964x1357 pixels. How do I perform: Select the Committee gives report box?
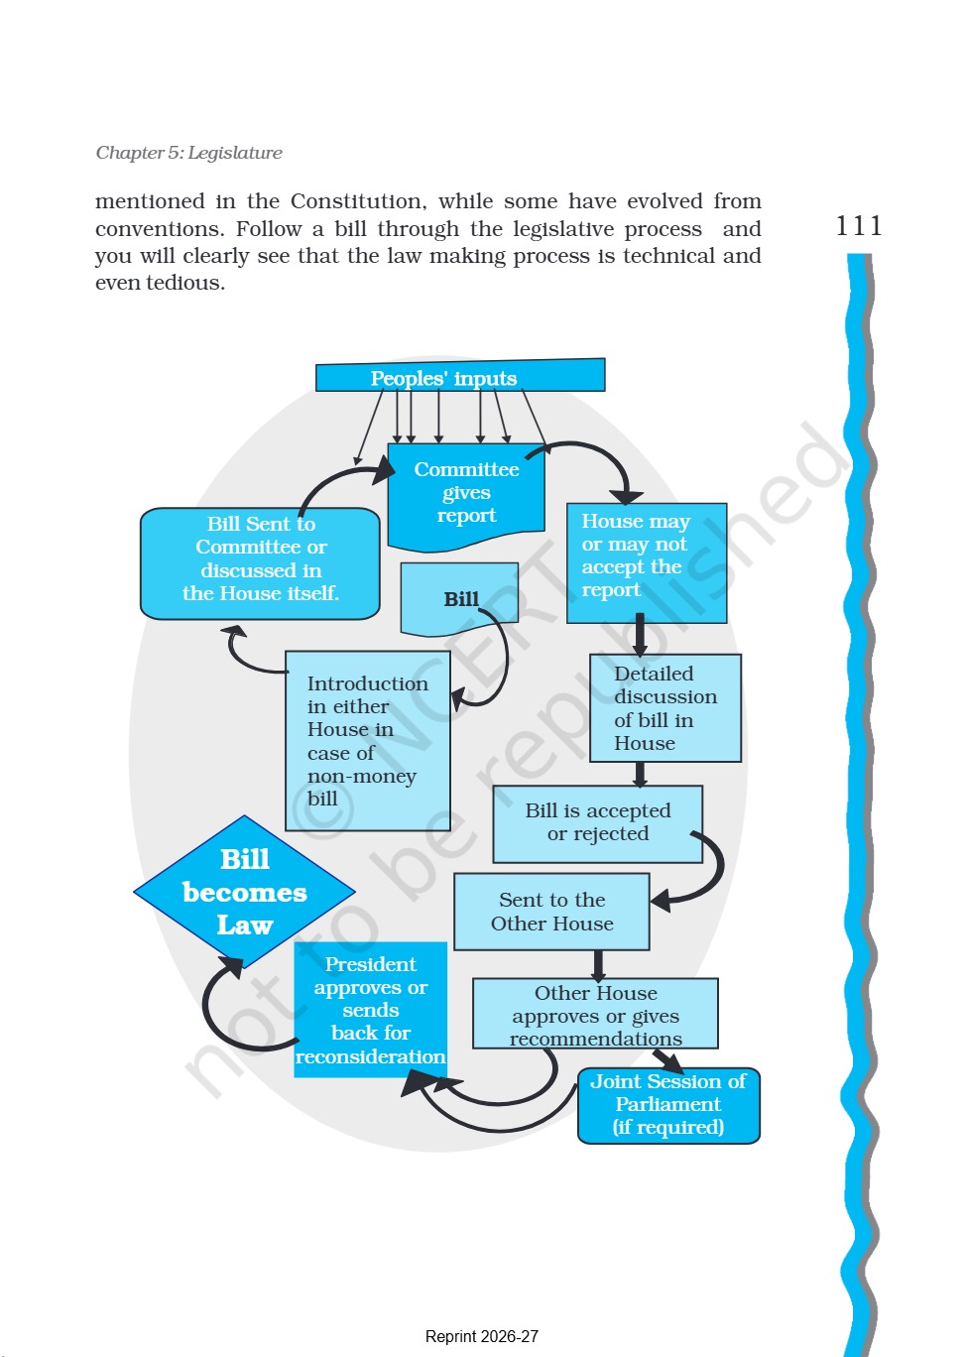pyautogui.click(x=466, y=497)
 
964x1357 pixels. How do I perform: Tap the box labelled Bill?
pyautogui.click(x=459, y=598)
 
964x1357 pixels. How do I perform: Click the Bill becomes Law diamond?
pyautogui.click(x=245, y=892)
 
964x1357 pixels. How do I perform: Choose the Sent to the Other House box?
pyautogui.click(x=551, y=912)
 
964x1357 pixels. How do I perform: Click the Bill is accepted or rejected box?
pyautogui.click(x=598, y=824)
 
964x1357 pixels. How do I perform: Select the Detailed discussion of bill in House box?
pyautogui.click(x=665, y=707)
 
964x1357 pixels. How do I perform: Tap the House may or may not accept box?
pyautogui.click(x=647, y=562)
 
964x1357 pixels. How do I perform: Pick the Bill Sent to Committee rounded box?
pyautogui.click(x=260, y=563)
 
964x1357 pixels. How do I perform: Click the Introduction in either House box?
pyautogui.click(x=368, y=740)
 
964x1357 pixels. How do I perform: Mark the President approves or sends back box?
pyautogui.click(x=371, y=1010)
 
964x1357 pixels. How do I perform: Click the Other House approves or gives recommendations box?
pyautogui.click(x=595, y=1013)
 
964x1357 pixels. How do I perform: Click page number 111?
pyautogui.click(x=859, y=226)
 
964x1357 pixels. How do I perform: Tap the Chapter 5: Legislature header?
pyautogui.click(x=188, y=153)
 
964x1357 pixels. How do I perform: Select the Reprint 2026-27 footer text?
pyautogui.click(x=482, y=1336)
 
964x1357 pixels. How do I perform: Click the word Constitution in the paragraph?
pyautogui.click(x=358, y=201)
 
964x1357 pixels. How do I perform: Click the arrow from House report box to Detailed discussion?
pyautogui.click(x=640, y=635)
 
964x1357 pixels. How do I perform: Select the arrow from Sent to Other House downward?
pyautogui.click(x=598, y=965)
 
